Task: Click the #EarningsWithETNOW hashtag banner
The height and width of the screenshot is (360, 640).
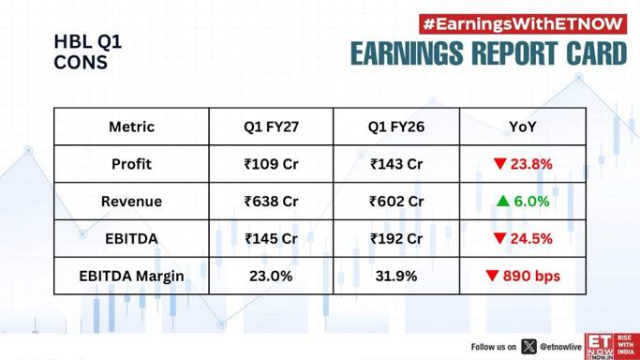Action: [x=523, y=24]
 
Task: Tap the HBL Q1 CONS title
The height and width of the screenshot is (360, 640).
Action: [x=88, y=52]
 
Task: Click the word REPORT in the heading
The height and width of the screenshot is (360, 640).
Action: [x=514, y=53]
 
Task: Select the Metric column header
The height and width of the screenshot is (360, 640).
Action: [x=131, y=127]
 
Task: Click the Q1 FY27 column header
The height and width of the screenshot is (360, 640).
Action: [x=271, y=127]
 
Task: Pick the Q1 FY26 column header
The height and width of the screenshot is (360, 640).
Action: [x=396, y=127]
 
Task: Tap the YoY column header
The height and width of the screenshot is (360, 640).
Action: [x=523, y=127]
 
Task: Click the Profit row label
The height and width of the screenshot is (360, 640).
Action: [x=131, y=164]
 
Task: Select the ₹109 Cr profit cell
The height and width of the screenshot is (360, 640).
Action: [x=271, y=164]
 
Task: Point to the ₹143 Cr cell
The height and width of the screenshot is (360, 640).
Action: [x=396, y=164]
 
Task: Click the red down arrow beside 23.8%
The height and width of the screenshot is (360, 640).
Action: [x=500, y=164]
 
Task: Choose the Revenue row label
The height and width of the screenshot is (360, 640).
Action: [x=131, y=202]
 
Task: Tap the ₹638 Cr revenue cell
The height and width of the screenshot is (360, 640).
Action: [x=271, y=202]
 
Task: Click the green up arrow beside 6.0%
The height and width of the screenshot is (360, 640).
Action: [x=503, y=201]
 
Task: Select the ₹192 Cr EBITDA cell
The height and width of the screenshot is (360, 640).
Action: [x=396, y=238]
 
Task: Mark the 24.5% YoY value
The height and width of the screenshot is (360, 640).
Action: [x=531, y=238]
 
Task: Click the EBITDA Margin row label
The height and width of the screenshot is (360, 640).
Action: [x=131, y=276]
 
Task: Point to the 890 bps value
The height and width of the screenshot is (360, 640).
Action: [x=531, y=276]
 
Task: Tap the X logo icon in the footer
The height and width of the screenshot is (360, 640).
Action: [x=528, y=347]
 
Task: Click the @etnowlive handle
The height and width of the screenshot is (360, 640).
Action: [x=560, y=347]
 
